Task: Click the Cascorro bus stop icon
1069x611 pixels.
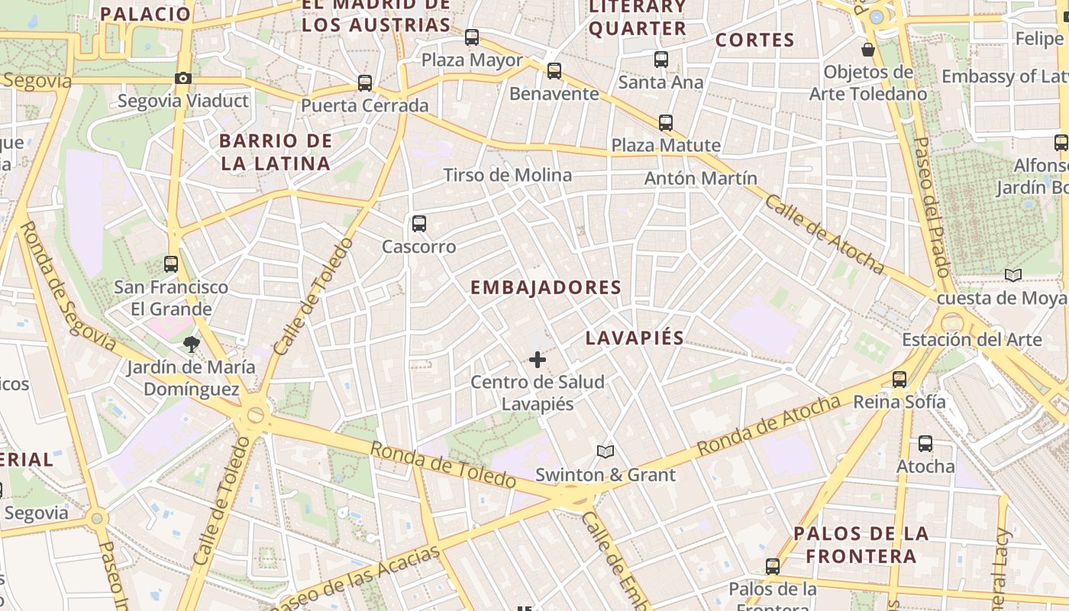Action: [x=418, y=224]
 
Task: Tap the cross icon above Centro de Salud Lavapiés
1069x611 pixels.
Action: [x=538, y=359]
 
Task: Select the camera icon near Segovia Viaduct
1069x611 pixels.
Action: [x=183, y=78]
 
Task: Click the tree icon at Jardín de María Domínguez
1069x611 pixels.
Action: [x=191, y=344]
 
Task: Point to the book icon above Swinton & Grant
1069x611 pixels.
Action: [x=606, y=451]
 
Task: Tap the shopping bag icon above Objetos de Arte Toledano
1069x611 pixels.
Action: [x=868, y=50]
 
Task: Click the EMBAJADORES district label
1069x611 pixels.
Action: [x=546, y=288]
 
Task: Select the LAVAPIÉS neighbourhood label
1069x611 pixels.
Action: [x=635, y=338]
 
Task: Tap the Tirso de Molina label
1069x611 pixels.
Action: [x=508, y=175]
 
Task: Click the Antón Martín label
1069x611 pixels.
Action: [x=701, y=178]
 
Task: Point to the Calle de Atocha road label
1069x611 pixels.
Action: [x=824, y=234]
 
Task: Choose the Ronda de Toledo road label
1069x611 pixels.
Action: [x=443, y=464]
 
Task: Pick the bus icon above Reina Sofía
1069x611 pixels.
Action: [x=899, y=379]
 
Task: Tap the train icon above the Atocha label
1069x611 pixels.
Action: [x=925, y=443]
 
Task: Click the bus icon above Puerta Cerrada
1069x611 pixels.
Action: [x=365, y=82]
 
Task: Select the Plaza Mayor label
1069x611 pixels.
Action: [x=472, y=60]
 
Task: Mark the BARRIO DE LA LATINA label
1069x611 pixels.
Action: [x=276, y=152]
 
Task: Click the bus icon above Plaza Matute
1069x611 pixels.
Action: [x=666, y=122]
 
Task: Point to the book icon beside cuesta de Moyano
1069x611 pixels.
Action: [x=1013, y=275]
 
